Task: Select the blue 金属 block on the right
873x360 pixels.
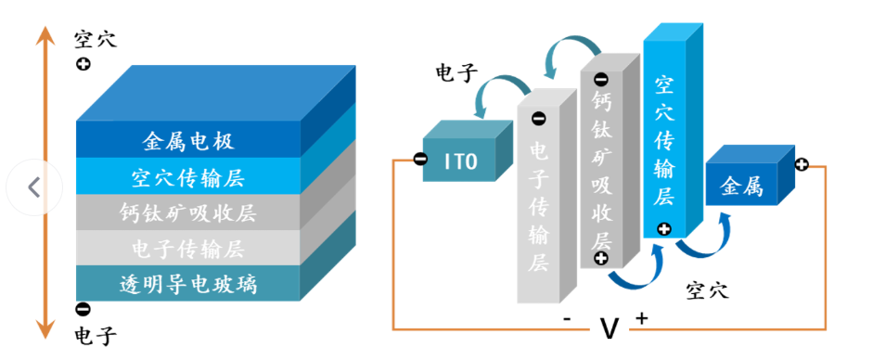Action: pyautogui.click(x=740, y=186)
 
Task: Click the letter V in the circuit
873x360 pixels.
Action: pyautogui.click(x=609, y=328)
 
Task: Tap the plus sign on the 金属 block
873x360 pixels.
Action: pyautogui.click(x=801, y=164)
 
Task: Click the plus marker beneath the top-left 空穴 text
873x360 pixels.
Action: pyautogui.click(x=83, y=65)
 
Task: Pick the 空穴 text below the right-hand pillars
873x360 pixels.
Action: pyautogui.click(x=708, y=290)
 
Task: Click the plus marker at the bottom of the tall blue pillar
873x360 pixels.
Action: pyautogui.click(x=663, y=229)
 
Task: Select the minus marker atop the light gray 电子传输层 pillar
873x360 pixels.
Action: pyautogui.click(x=538, y=118)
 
